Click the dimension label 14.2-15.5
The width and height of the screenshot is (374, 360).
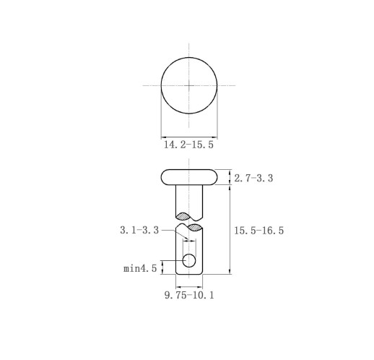(188, 145)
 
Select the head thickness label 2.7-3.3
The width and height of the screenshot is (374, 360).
(253, 179)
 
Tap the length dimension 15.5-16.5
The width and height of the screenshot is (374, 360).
(259, 231)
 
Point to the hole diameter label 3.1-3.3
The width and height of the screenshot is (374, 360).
(139, 230)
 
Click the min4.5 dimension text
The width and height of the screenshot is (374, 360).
(140, 268)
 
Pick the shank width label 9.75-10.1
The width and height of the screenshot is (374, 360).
(189, 295)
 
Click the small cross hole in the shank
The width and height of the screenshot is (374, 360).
(189, 260)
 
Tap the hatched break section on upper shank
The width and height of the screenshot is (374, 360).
(183, 216)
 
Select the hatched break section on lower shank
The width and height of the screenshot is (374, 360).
(194, 228)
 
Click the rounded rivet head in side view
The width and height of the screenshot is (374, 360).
(189, 177)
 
